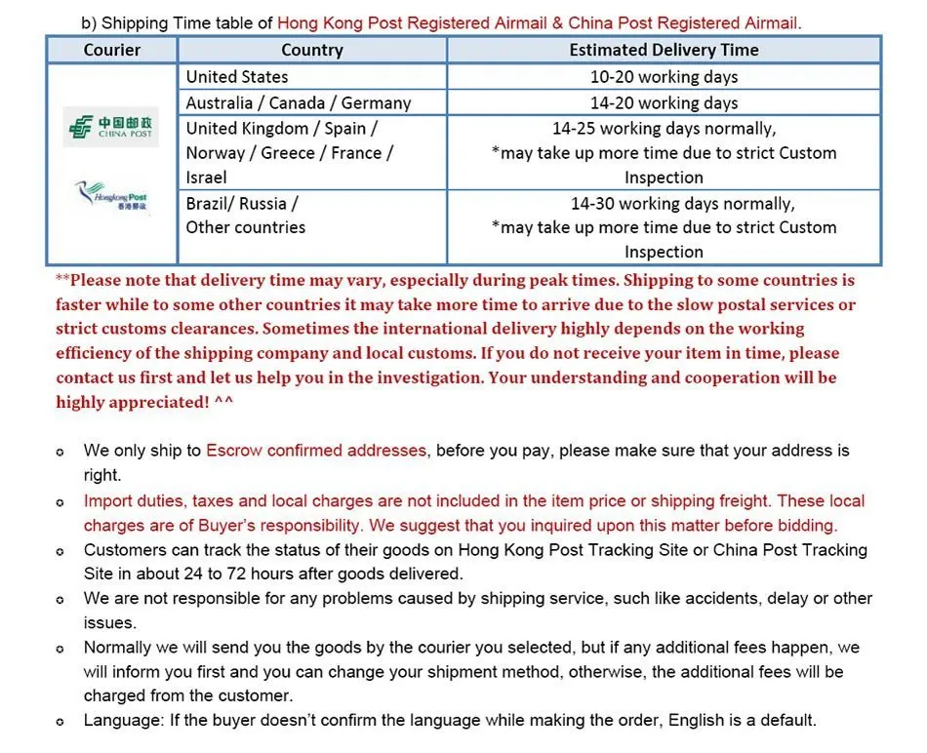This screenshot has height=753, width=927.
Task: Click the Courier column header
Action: [112, 50]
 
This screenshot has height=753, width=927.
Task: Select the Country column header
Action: [311, 50]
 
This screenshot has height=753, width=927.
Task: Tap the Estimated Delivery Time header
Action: [664, 50]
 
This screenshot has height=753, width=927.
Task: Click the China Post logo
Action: [110, 128]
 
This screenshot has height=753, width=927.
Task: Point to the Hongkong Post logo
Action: [113, 199]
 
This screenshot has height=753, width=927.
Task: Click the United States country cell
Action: [237, 77]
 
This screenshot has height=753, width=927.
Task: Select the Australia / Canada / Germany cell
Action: [299, 102]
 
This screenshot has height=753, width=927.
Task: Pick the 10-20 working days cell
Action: [664, 77]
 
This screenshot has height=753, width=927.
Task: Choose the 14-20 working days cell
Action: [664, 102]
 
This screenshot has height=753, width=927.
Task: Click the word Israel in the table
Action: [207, 178]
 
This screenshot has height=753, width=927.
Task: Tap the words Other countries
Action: [246, 227]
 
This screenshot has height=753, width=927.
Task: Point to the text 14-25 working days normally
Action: [664, 128]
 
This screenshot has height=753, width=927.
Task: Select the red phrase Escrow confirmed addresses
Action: [316, 451]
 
